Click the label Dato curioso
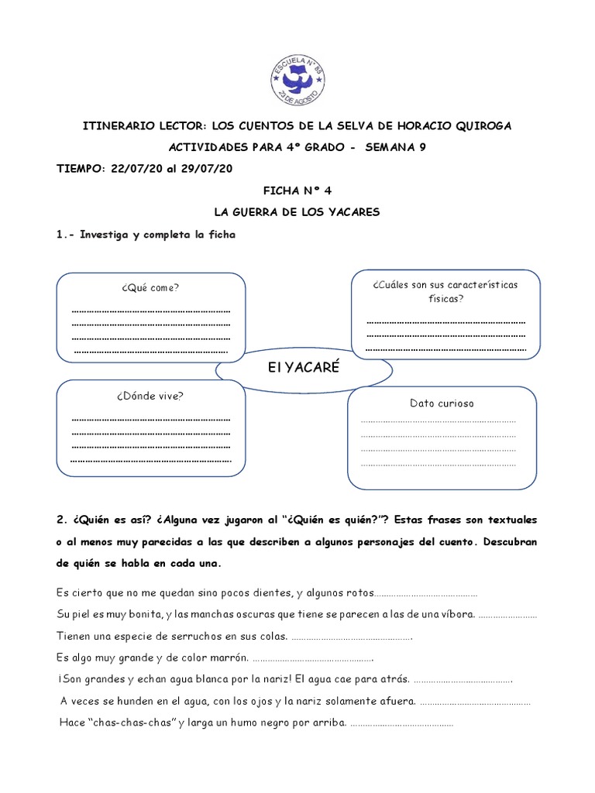coord(442,403)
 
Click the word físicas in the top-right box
coord(445,298)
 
